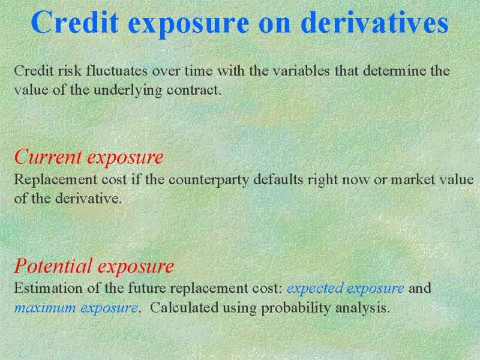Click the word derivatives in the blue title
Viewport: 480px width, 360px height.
(x=374, y=22)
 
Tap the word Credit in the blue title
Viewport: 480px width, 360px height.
(x=74, y=22)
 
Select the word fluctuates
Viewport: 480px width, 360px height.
(x=117, y=71)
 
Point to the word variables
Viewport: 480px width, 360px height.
(x=301, y=71)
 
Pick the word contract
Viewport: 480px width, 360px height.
(x=194, y=91)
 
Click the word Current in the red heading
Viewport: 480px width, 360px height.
(x=48, y=157)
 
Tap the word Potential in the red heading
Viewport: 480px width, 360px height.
(x=53, y=265)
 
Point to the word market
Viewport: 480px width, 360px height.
(x=413, y=179)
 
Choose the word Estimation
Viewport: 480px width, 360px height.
(x=48, y=288)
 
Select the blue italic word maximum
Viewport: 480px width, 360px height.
(x=45, y=308)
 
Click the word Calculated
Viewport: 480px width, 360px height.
(x=184, y=307)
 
